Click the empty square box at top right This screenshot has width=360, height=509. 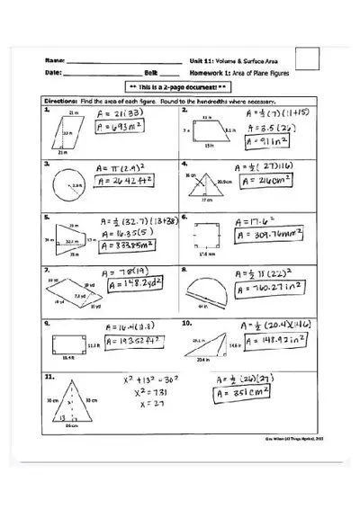point(308,58)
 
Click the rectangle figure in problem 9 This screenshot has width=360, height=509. point(67,344)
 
